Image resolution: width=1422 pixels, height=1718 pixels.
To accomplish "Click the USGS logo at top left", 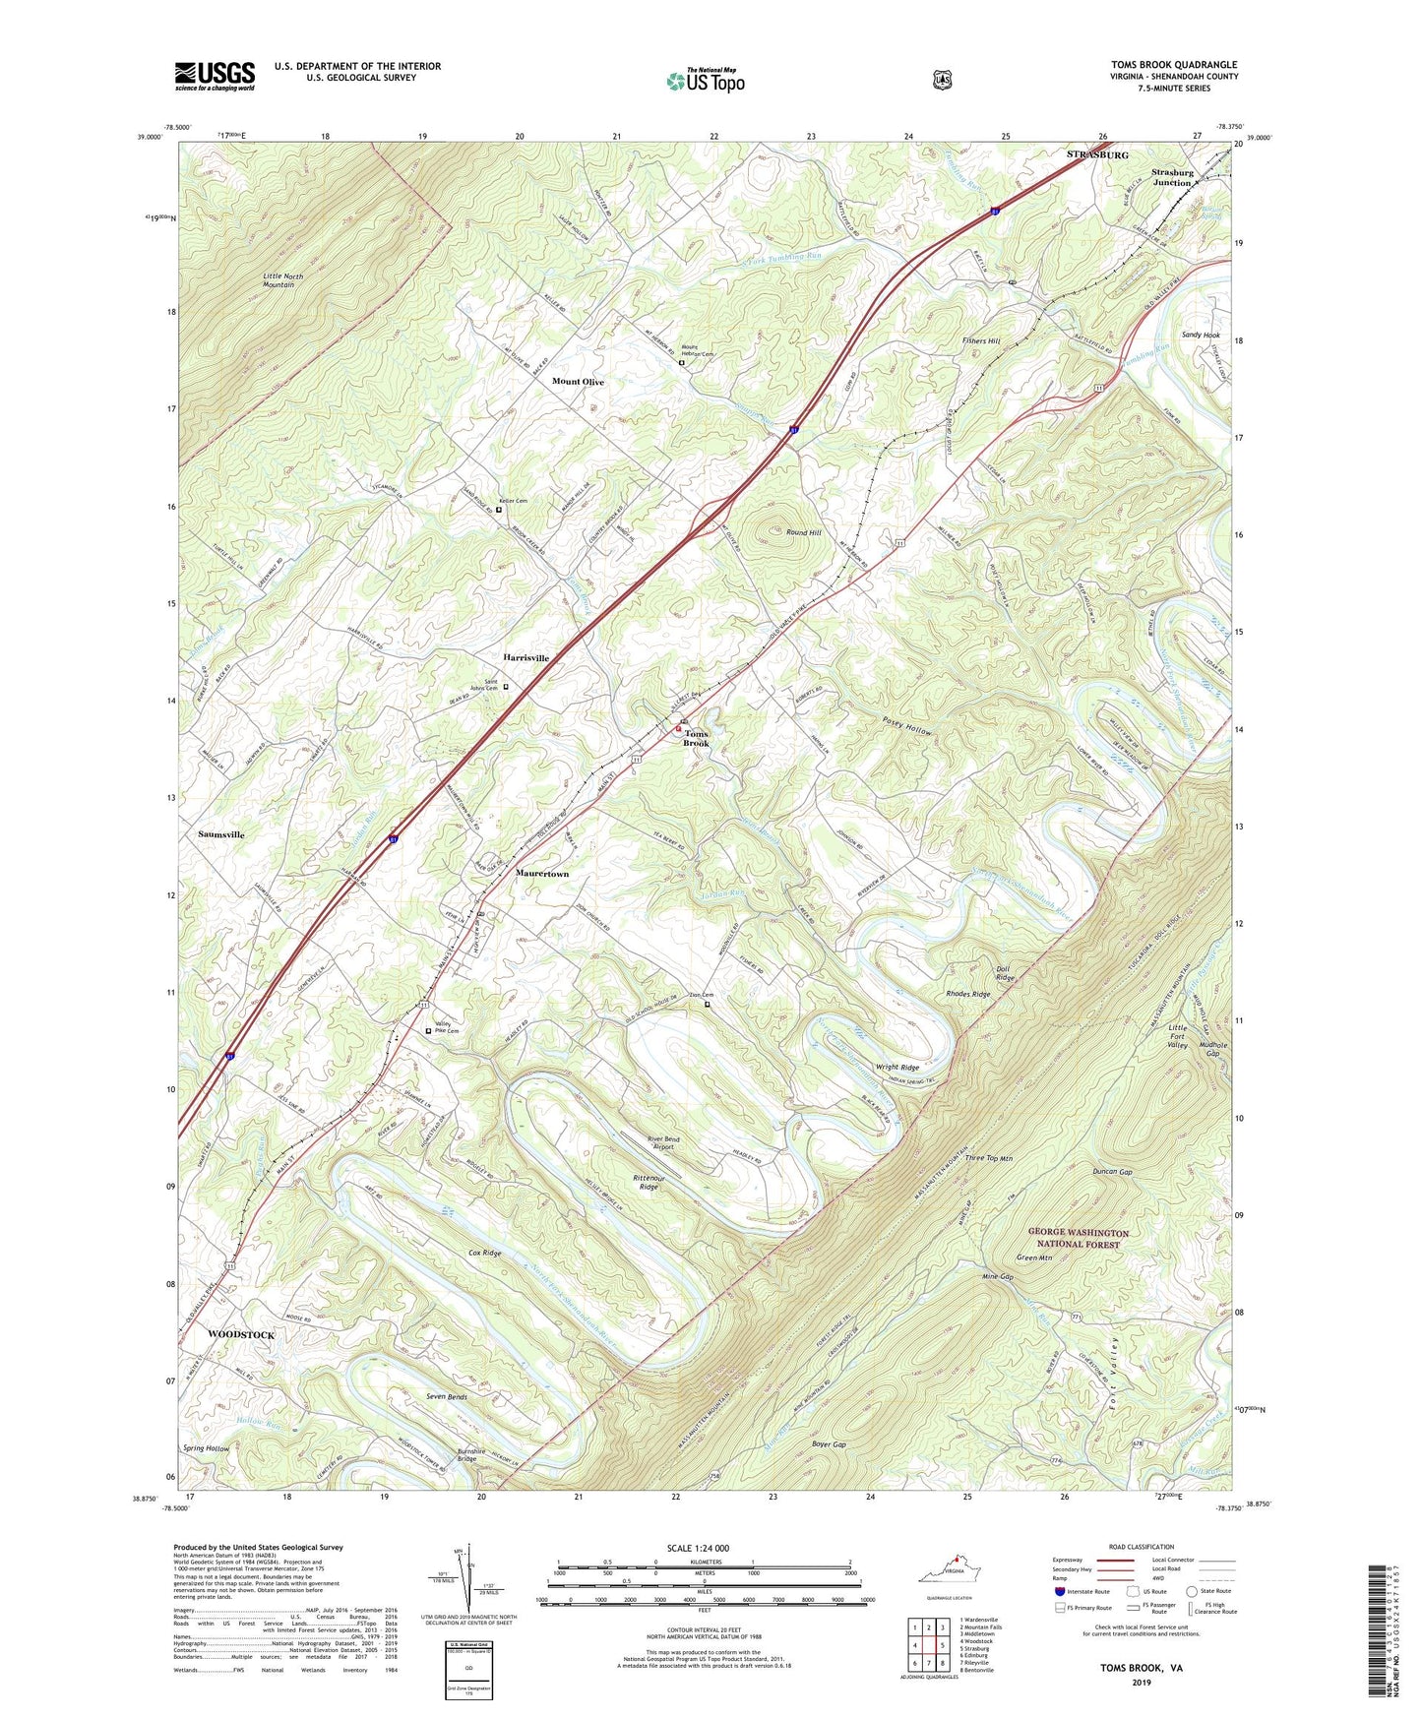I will click(x=215, y=76).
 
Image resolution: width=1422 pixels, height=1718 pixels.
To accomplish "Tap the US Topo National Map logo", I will click(x=705, y=81).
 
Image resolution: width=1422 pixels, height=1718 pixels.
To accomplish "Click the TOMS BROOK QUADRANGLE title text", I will click(x=1174, y=65).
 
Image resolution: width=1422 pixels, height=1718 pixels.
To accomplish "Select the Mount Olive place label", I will click(x=578, y=382).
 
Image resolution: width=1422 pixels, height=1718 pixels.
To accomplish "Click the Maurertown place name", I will click(x=542, y=874).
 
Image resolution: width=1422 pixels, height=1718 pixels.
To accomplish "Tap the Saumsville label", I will click(x=221, y=834).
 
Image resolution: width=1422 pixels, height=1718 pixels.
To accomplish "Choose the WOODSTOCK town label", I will click(x=241, y=1334).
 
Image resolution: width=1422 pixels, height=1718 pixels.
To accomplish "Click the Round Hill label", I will click(x=803, y=532).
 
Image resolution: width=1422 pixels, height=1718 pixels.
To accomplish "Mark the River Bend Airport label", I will click(x=662, y=1143).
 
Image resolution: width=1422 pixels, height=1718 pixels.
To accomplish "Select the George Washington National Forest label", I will click(x=1079, y=1238).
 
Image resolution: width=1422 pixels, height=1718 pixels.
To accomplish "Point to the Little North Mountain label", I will click(x=283, y=280).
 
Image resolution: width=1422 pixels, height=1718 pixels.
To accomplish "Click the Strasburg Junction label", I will click(x=1172, y=177).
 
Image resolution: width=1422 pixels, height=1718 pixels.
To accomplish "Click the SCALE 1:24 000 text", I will click(x=698, y=1548).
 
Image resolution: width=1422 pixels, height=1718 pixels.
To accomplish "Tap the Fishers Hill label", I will click(x=980, y=341).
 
